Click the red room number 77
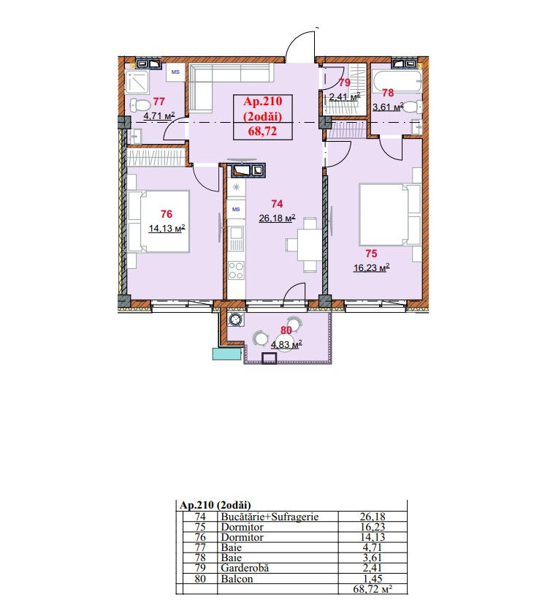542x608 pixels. coord(159,102)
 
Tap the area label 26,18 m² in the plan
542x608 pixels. coord(277,218)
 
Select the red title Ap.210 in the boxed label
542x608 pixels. coord(263,102)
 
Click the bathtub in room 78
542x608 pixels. coord(396,81)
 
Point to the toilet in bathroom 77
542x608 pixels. coord(140,104)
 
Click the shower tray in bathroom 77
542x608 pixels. coord(137,82)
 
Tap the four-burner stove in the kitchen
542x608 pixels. coord(236,270)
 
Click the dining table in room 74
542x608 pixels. coord(310,245)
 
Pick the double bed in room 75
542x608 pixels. coord(389,214)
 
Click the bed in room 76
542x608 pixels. coord(159,221)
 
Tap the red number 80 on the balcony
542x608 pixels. coord(286,330)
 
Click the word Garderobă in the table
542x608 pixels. coord(245,568)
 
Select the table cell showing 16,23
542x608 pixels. coord(373,527)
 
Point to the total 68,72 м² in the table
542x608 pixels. coord(373,589)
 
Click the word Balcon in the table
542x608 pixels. coord(237,579)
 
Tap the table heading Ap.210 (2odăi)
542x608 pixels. coord(215,505)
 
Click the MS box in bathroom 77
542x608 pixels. coord(175,72)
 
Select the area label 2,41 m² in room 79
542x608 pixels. coord(345,97)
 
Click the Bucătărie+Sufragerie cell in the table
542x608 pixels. coord(270,517)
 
